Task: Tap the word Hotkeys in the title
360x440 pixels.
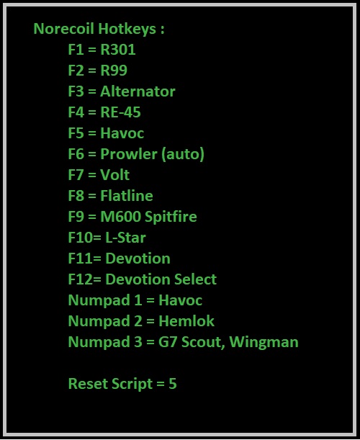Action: pos(127,30)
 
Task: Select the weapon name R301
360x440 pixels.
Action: pos(118,50)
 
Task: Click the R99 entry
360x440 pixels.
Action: pos(114,70)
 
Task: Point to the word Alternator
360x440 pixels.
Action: pos(138,91)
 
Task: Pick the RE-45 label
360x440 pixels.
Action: pos(120,112)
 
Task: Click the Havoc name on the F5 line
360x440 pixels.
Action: pos(122,133)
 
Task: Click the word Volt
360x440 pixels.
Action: pos(114,174)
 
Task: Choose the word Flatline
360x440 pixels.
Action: pos(127,196)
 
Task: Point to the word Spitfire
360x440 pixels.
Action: pos(171,217)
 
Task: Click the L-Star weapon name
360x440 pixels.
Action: pos(125,238)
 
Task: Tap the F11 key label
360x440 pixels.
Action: pos(80,258)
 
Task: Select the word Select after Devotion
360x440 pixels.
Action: pos(195,279)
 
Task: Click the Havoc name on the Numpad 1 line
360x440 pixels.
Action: pos(181,300)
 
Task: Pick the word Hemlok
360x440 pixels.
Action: pos(186,321)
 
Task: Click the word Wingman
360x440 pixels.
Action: pos(264,342)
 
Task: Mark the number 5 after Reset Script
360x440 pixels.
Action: pos(173,384)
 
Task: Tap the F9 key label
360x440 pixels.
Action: pos(76,216)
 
